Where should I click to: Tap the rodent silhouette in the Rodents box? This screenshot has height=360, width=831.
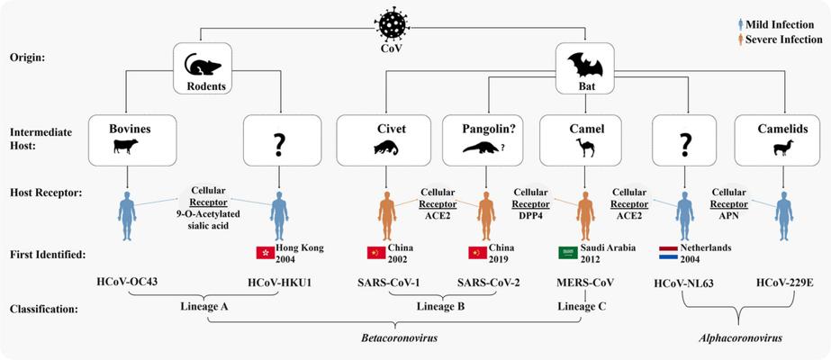click(x=203, y=64)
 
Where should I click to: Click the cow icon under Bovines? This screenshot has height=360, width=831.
click(x=126, y=146)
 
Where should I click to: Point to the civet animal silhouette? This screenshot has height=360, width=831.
click(x=385, y=148)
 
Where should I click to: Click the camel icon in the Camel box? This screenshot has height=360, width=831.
click(x=585, y=148)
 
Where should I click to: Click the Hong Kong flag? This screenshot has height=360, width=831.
click(x=265, y=253)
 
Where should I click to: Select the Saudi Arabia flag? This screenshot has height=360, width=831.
click(x=567, y=253)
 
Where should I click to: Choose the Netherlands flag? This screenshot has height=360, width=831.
click(x=667, y=253)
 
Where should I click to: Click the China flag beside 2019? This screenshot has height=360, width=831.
click(x=477, y=253)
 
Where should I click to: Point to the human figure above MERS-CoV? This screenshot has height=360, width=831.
click(x=585, y=216)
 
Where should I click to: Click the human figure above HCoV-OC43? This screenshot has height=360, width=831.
click(x=127, y=216)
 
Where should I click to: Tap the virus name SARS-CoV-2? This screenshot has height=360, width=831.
click(x=488, y=283)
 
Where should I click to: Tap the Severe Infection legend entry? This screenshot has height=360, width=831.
click(x=780, y=40)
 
